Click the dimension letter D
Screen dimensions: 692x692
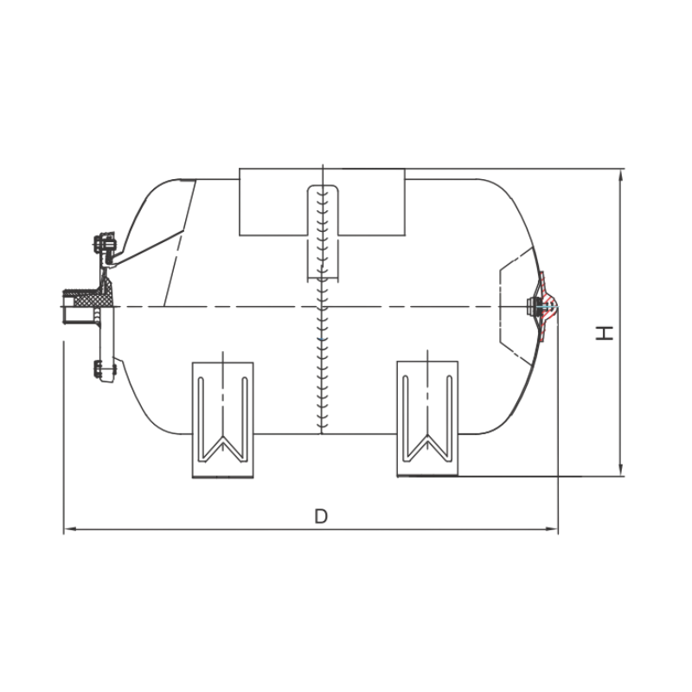321,516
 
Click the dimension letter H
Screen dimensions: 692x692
605,333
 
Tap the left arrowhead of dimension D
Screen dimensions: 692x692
70,529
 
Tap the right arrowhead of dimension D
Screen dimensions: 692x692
552,529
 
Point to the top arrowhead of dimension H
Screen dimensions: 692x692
621,176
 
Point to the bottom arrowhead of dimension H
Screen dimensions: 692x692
621,470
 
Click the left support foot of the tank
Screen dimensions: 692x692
223,420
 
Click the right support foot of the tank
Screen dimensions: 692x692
427,419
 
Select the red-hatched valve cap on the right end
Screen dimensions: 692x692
547,306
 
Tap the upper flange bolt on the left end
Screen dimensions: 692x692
104,244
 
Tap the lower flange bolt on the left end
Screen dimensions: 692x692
105,369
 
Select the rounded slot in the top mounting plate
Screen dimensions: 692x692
323,232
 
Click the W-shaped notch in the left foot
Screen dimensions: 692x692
223,449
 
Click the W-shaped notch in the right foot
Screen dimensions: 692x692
427,448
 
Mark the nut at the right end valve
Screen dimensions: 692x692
530,306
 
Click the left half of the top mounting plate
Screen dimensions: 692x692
273,202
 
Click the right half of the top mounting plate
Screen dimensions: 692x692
372,202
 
